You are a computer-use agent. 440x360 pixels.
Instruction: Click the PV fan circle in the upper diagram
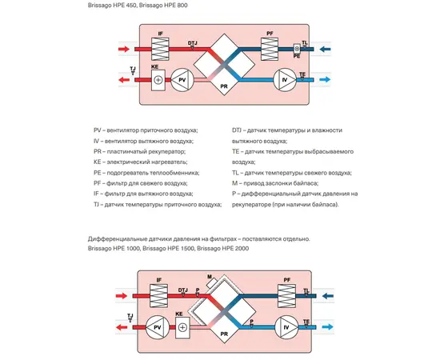point(182,80)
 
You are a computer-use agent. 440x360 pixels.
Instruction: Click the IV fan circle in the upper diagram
point(285,80)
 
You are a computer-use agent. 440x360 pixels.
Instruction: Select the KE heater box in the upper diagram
point(158,80)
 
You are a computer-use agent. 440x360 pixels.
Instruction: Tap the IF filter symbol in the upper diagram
point(160,49)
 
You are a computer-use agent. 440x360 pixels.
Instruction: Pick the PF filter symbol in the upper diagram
point(270,49)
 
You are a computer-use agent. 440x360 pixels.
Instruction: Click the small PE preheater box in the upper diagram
point(297,49)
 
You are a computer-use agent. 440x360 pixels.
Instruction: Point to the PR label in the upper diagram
point(224,86)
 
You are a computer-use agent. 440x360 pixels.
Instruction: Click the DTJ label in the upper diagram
point(193,43)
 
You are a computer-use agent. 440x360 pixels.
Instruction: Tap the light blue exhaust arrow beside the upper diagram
point(325,80)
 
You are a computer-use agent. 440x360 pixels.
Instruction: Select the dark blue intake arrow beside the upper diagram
point(326,50)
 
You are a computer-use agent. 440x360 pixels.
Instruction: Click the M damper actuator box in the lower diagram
point(211,282)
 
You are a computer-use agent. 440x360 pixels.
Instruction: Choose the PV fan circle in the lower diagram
point(157,327)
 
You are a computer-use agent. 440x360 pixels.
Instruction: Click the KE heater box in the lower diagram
point(182,328)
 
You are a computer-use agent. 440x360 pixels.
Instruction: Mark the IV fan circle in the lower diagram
point(286,327)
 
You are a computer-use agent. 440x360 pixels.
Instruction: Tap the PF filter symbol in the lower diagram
point(286,296)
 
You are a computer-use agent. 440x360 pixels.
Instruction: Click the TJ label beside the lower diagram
point(130,316)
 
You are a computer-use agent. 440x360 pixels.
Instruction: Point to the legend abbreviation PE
point(97,173)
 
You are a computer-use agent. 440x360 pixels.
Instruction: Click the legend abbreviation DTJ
point(237,130)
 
